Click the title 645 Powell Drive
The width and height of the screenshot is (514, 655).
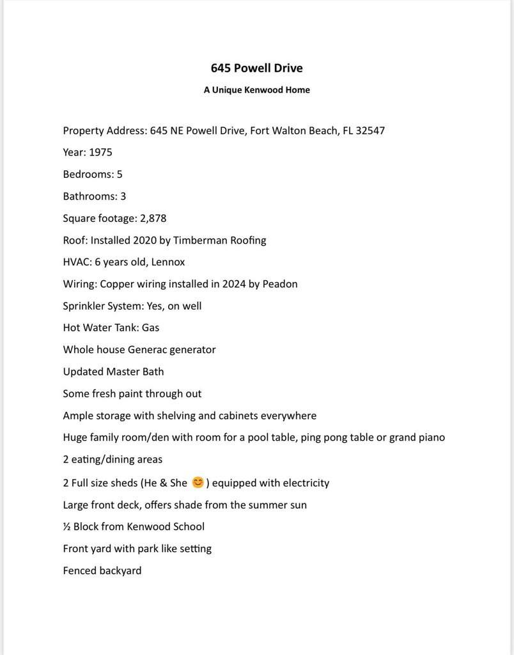(256, 68)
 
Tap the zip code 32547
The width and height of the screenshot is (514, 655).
(366, 130)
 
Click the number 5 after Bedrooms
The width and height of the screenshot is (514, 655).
(120, 174)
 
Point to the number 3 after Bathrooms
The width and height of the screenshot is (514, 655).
(123, 196)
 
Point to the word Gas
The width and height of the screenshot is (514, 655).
(150, 327)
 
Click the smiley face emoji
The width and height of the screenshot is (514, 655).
(198, 482)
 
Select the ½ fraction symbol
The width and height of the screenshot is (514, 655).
(66, 526)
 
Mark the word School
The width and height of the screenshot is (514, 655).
(188, 526)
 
